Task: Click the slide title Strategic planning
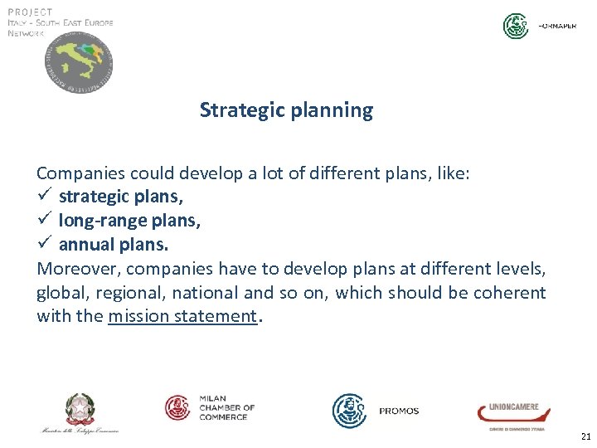click(x=286, y=110)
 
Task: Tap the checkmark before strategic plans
click(x=44, y=197)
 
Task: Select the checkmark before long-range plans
click(x=44, y=222)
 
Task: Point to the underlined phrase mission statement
click(x=182, y=316)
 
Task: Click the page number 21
click(x=585, y=436)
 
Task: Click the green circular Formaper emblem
click(x=516, y=27)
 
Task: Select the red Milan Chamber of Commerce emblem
click(x=178, y=407)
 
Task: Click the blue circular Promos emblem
click(x=349, y=410)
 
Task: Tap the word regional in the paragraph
click(x=125, y=293)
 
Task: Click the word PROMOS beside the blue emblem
click(x=399, y=411)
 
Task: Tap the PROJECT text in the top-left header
click(x=30, y=12)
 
